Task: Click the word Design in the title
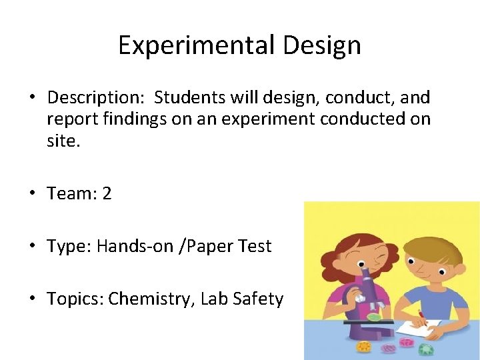(322, 45)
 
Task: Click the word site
(63, 141)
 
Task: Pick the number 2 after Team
(107, 194)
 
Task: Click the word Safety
(258, 299)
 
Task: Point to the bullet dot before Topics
(33, 299)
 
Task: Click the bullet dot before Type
(33, 247)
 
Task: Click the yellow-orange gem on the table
(363, 347)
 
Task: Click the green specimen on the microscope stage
(375, 317)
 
